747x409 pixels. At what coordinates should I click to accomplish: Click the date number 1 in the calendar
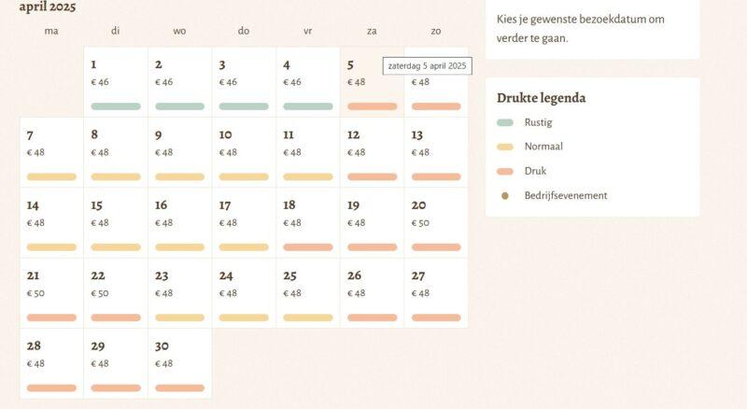93,64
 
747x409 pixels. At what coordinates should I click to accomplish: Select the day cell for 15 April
116,222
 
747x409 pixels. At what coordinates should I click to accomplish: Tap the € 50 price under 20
421,223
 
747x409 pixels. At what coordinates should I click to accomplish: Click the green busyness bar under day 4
308,106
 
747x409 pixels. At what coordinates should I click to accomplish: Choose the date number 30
162,346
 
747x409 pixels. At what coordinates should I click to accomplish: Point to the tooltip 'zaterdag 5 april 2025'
428,66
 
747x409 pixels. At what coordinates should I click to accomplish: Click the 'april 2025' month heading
48,7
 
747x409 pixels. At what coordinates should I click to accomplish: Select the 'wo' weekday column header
179,31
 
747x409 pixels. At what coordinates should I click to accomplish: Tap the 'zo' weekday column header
436,31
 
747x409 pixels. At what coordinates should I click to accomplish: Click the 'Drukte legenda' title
542,98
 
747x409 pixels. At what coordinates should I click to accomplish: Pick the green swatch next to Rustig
505,122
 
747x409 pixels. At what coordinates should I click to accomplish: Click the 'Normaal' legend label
543,147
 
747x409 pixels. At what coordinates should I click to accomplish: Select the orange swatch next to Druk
505,172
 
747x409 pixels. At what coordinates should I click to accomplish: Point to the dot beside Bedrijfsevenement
505,196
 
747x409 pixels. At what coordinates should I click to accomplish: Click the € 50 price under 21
35,293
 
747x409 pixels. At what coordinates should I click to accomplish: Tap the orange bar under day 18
308,247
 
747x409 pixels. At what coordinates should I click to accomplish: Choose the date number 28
34,346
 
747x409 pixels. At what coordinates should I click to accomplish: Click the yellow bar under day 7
51,176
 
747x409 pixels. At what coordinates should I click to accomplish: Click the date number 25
289,276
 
